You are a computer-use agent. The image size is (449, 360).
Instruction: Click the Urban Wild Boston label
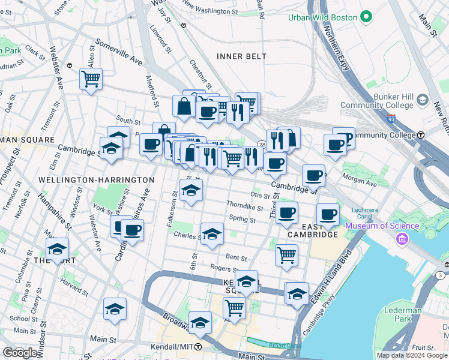point(322,17)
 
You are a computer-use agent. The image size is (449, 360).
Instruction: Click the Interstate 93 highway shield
point(391,119)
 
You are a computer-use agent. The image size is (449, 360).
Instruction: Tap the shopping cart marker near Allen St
point(91,79)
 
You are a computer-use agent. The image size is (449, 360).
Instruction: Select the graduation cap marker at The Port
point(57,249)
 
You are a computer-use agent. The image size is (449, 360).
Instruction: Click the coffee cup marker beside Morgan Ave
point(313,176)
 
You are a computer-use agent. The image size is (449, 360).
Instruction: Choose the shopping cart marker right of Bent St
point(286,254)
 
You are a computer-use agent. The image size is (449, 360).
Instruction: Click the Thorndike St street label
point(244,208)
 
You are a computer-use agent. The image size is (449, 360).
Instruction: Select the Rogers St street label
point(221,268)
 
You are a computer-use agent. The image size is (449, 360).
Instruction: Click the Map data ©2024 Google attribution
point(412,355)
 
